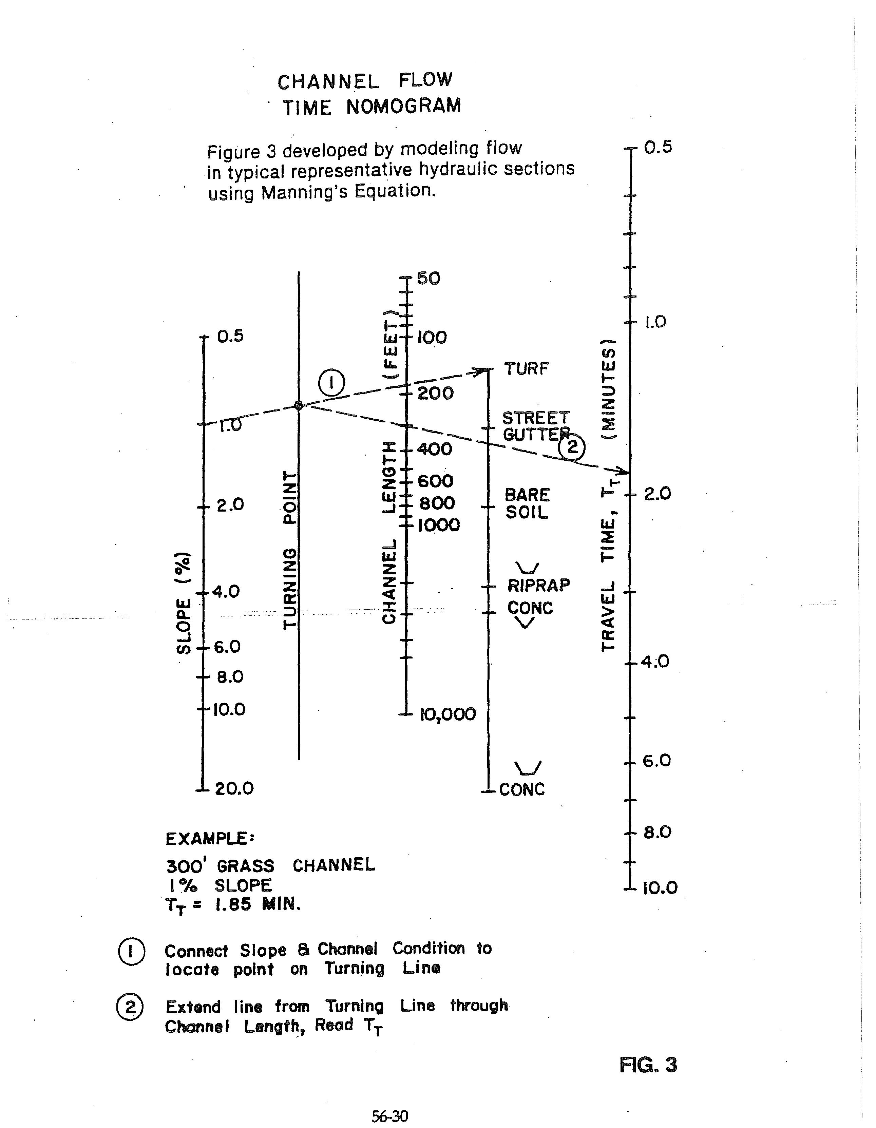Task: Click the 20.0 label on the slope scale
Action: [x=234, y=789]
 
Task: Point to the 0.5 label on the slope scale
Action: [x=230, y=336]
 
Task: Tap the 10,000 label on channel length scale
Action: [x=447, y=714]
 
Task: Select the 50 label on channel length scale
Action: [x=428, y=279]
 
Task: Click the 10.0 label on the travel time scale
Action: [x=660, y=888]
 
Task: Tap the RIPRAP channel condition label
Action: [x=539, y=585]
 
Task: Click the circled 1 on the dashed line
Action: [x=331, y=383]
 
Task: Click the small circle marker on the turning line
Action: [x=299, y=405]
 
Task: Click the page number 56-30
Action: [x=389, y=1117]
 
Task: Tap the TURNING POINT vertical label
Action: [x=291, y=550]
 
